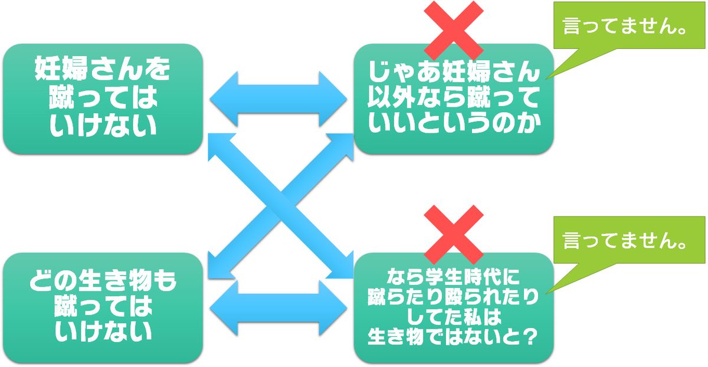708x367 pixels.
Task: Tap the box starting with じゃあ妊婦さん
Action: (x=453, y=99)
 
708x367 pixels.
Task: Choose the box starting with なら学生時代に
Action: (x=453, y=307)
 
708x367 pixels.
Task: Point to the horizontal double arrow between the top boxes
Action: (x=278, y=99)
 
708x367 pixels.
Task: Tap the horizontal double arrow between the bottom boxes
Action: (x=278, y=307)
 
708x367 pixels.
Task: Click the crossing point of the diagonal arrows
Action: (x=281, y=204)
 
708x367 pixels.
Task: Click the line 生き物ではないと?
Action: (x=453, y=338)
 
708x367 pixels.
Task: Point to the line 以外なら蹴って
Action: (x=453, y=99)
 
